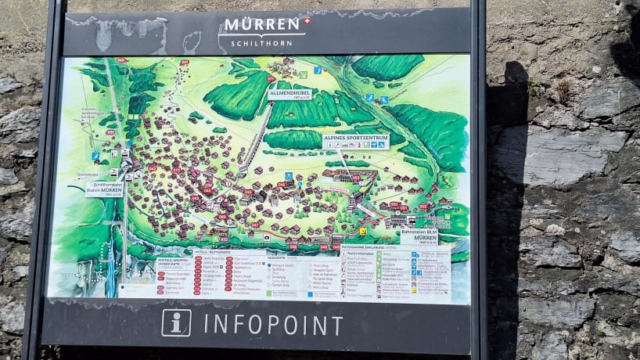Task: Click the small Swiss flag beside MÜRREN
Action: (x=307, y=20)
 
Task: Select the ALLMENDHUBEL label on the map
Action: (x=291, y=94)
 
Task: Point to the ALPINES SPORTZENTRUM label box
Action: (x=355, y=141)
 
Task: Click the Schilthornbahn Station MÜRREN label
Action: (x=104, y=189)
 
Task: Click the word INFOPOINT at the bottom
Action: (x=273, y=325)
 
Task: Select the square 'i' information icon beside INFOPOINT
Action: (x=176, y=322)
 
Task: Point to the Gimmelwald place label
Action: (x=87, y=175)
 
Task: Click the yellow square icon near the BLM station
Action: (x=362, y=231)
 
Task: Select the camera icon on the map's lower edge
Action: (x=267, y=236)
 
